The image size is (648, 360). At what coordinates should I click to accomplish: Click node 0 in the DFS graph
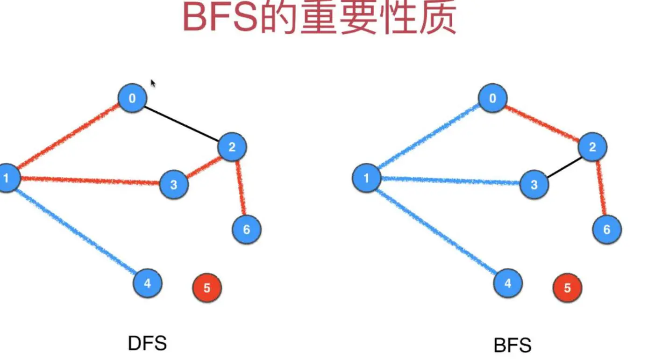[132, 98]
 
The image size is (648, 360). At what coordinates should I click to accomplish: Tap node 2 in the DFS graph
[232, 148]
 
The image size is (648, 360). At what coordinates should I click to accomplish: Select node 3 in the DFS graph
[174, 185]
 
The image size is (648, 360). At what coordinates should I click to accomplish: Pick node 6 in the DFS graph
[247, 230]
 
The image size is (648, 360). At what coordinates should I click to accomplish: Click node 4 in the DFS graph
[148, 283]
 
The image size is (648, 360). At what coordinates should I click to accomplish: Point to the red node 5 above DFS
[207, 288]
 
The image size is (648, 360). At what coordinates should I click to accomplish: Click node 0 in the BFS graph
[492, 98]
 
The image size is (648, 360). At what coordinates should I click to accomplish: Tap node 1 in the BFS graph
[366, 178]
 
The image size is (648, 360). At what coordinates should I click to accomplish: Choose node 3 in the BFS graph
[534, 185]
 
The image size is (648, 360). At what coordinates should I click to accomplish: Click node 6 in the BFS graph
[607, 230]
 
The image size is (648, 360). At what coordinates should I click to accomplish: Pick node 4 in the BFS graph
[508, 283]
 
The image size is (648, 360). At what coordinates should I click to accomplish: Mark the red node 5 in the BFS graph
[567, 288]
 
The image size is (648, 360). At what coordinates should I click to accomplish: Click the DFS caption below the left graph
[147, 344]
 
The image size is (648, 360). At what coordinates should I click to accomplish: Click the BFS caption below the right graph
[513, 346]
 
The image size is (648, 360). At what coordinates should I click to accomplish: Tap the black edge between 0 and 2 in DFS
[182, 123]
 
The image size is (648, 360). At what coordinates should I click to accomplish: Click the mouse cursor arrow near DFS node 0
[152, 83]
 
